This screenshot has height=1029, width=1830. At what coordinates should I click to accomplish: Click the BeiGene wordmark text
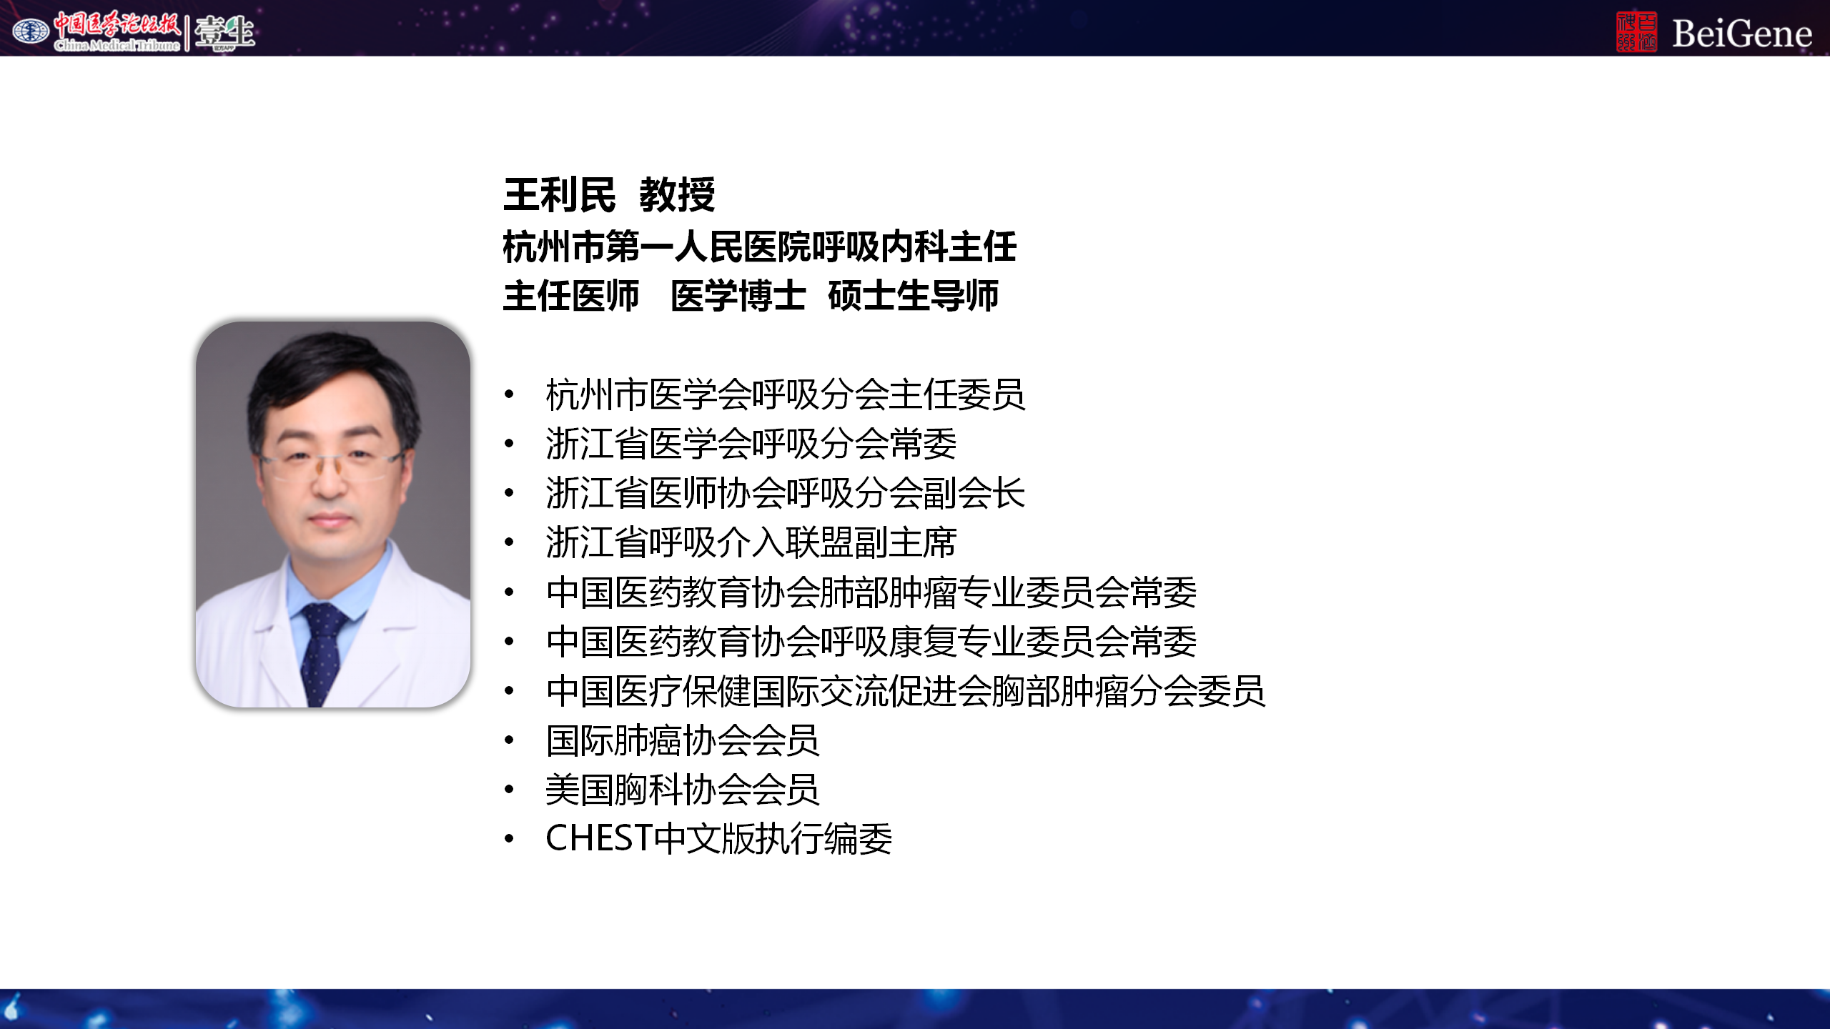(x=1741, y=33)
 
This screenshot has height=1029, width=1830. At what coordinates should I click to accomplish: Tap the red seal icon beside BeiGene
(x=1636, y=31)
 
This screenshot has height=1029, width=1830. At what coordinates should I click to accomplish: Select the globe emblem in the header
(x=31, y=31)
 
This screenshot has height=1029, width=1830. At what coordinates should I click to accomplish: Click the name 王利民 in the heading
(x=559, y=195)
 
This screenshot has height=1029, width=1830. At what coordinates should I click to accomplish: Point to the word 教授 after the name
(x=677, y=195)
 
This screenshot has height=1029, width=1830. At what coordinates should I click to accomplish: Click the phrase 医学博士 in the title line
(x=738, y=296)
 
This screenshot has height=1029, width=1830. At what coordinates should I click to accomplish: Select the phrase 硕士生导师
(x=914, y=296)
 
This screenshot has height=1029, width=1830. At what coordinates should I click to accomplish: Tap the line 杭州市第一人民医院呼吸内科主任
(x=759, y=247)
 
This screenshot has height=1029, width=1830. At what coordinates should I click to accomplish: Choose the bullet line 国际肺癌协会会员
(x=683, y=740)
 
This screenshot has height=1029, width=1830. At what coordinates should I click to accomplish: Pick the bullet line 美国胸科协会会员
(x=683, y=790)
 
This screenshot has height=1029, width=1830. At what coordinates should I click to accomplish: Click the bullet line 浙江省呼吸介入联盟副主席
(x=751, y=542)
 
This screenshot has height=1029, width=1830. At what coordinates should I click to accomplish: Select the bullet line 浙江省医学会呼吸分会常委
(x=751, y=444)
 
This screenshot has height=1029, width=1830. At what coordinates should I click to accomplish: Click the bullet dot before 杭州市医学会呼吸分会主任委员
(x=509, y=394)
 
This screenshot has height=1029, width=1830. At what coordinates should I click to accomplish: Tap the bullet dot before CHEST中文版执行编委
(x=509, y=838)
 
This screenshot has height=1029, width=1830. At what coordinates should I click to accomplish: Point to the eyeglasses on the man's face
(x=330, y=463)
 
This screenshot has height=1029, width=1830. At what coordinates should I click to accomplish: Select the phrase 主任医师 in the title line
(x=571, y=296)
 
